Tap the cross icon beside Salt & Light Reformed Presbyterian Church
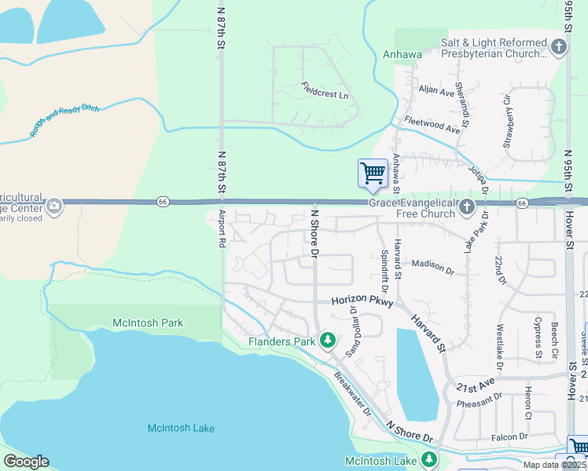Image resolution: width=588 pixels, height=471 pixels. [559, 47]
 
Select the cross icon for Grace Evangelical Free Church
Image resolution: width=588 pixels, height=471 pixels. [467, 207]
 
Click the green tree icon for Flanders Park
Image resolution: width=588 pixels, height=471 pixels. [328, 341]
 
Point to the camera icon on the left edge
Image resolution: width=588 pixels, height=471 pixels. [54, 206]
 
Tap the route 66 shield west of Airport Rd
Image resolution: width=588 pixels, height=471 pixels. [162, 202]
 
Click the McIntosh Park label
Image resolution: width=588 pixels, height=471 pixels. [148, 323]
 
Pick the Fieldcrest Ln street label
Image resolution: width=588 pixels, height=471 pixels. [324, 95]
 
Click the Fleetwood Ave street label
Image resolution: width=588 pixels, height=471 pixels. [432, 124]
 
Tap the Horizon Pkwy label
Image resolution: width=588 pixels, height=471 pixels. [361, 301]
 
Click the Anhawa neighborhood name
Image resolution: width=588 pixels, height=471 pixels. [402, 54]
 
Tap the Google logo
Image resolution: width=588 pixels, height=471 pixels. [26, 462]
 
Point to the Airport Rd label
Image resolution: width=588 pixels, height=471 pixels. [222, 228]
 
